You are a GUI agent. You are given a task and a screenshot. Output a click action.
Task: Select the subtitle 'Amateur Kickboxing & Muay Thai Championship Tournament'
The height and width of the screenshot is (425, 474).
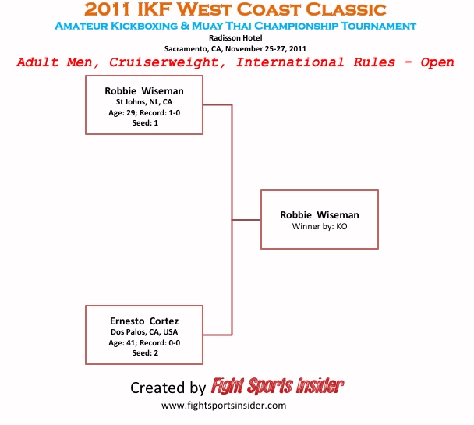[235, 26]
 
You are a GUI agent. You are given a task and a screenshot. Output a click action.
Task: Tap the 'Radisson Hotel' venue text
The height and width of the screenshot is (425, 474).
[235, 37]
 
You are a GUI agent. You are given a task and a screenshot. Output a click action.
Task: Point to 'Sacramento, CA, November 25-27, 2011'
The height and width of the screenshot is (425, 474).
[235, 48]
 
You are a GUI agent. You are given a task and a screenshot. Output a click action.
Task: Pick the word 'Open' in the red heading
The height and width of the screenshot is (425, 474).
[437, 62]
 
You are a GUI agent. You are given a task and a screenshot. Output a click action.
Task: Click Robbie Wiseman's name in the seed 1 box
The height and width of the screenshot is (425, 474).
[144, 91]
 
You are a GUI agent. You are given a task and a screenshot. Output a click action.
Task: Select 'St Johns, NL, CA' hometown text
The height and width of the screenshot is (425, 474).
[144, 101]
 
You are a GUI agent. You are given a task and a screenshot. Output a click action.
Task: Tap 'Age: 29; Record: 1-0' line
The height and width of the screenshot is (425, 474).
[144, 112]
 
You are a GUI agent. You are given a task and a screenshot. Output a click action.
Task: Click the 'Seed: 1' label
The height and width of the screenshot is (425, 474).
[144, 122]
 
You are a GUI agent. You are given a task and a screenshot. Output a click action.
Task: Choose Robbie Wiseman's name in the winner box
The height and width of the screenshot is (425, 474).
[320, 214]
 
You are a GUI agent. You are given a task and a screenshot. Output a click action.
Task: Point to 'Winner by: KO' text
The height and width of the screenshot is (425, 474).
[320, 225]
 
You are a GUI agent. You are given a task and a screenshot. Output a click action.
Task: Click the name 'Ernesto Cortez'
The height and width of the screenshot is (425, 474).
[144, 321]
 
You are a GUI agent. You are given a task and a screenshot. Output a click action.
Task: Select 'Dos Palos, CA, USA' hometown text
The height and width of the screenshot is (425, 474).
[144, 331]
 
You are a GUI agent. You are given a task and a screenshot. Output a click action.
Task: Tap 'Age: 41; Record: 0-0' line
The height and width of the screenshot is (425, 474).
[144, 342]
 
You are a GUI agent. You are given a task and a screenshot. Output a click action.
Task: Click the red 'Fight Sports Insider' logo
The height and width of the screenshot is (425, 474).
[277, 386]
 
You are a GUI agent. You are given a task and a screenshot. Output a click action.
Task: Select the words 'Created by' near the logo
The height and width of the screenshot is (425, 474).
[168, 388]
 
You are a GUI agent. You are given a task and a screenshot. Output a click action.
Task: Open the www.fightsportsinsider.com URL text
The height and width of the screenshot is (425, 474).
[224, 406]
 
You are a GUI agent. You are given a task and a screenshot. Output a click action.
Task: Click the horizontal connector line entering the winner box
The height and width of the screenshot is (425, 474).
[246, 220]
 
